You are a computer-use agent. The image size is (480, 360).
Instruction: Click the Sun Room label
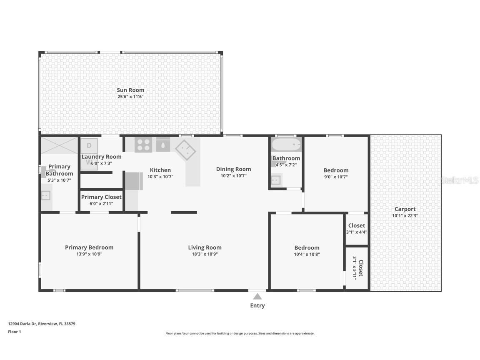[x=130, y=90]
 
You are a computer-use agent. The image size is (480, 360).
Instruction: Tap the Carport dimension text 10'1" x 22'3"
[x=405, y=216]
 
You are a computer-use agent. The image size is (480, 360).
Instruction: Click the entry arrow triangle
[x=257, y=297]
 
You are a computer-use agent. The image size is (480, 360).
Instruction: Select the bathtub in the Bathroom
[x=286, y=145]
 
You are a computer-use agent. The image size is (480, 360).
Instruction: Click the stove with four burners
[x=143, y=145]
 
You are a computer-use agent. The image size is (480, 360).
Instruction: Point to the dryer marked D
[x=89, y=146]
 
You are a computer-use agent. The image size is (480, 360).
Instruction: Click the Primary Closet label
[x=101, y=197]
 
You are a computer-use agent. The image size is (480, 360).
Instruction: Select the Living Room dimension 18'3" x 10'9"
[x=205, y=254]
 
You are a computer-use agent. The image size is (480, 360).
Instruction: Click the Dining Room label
[x=233, y=169]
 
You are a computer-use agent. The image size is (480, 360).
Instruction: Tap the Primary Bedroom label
[x=89, y=247]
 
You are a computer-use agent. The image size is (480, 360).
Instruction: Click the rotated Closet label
[x=361, y=268]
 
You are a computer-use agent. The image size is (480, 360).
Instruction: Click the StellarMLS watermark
[x=460, y=180]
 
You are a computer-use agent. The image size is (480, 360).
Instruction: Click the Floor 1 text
[x=14, y=332]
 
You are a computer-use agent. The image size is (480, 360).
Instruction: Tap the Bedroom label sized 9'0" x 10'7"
[x=336, y=170]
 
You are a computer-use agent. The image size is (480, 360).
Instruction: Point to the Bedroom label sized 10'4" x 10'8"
[x=307, y=247]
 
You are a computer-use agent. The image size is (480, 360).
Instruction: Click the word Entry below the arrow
[x=257, y=306]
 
